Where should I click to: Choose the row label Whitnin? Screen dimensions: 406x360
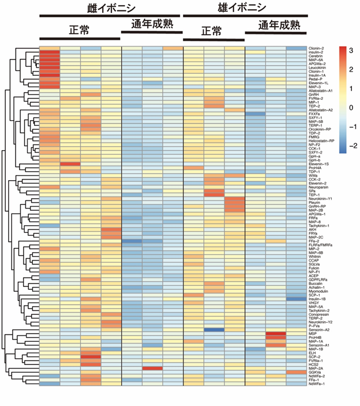point(315,256)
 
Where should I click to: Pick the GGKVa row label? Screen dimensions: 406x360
point(314,372)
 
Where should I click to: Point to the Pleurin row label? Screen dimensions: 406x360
point(314,202)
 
